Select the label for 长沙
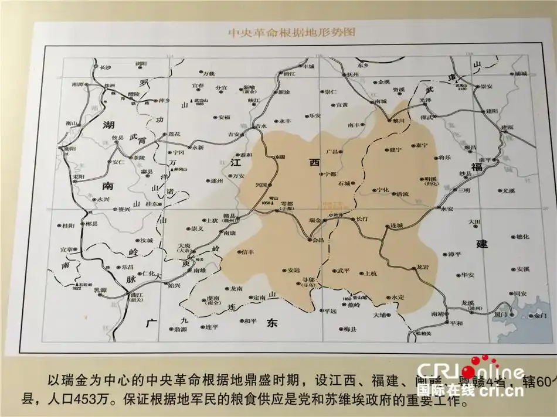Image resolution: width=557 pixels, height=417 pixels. pos(106,67)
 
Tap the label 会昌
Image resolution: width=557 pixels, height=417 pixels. pos(318,241)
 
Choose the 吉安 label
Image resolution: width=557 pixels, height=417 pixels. pos(235,135)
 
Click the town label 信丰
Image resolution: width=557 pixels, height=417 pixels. pos(249,253)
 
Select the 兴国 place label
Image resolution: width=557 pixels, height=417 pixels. pos(261,185)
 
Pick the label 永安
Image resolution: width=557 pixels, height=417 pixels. pos(448,208)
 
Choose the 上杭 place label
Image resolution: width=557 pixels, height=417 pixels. pos(371,273)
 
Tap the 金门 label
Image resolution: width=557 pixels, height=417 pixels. pos(540,316)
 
